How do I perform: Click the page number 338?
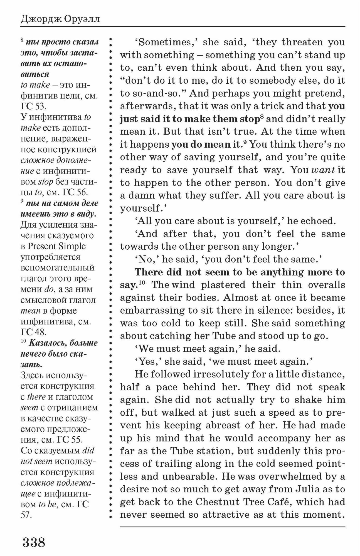click(x=34, y=542)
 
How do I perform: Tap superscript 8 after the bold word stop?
click(x=262, y=117)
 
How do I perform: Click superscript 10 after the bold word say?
click(x=142, y=283)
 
